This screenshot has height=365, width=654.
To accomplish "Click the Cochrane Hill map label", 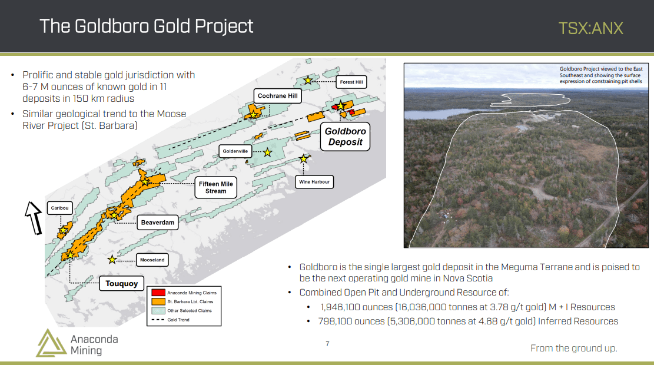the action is [x=277, y=96].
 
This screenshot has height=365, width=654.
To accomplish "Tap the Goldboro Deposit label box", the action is [x=346, y=137].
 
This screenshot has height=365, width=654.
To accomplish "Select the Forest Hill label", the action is [x=351, y=82].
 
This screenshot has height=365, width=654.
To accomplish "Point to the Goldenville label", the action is [x=235, y=151].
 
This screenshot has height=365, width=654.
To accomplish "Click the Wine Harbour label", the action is [x=314, y=182].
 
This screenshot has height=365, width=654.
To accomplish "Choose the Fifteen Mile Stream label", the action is [x=215, y=187].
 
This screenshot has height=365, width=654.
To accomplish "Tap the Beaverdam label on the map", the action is [x=158, y=223].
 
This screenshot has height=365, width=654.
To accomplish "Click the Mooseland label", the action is [x=152, y=260].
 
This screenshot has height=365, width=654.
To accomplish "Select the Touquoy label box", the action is [x=121, y=284].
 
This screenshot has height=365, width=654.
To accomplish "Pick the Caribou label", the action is [x=59, y=208].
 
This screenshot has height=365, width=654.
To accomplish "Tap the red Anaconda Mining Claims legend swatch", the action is [x=158, y=293].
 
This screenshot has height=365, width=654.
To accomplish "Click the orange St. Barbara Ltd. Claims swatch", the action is [x=158, y=301].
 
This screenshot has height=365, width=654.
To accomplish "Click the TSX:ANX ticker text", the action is [x=590, y=28].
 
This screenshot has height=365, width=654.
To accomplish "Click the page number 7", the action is [x=327, y=344].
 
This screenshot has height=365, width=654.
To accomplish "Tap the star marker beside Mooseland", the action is [x=112, y=260].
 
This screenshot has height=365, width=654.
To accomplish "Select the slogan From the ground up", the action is [x=574, y=349].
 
